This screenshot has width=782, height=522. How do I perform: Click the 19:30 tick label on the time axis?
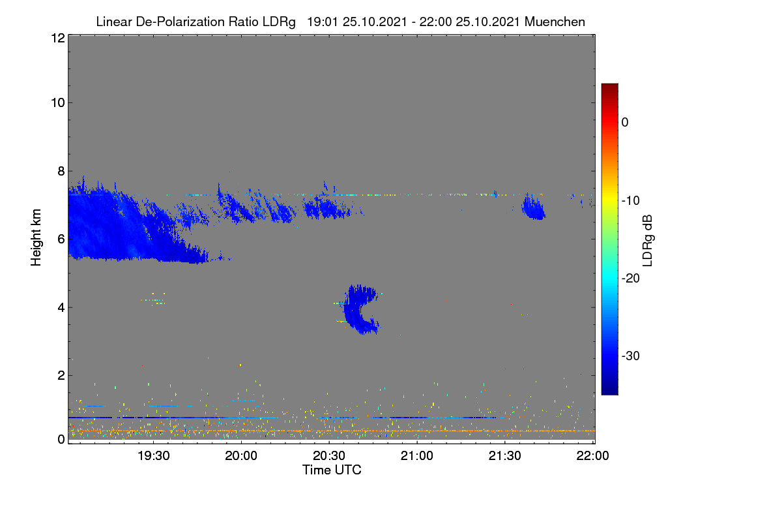pos(153,456)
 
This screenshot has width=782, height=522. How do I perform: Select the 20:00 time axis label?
pos(241,456)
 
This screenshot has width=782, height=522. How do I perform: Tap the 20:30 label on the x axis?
pos(329,456)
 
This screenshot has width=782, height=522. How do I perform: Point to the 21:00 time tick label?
pos(417,456)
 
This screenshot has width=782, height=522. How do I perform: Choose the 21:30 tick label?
pos(504,456)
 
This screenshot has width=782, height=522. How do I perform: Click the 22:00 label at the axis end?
pos(592,456)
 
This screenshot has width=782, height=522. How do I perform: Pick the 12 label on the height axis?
pos(58,38)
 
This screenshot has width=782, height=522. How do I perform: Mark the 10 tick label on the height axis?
pos(58,103)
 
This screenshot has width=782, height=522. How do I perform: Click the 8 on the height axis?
pos(61,171)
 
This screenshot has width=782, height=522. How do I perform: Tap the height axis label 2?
pos(61,375)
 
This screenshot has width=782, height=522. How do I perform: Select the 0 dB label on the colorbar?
pos(625,123)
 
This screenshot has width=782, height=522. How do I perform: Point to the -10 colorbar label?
pos(631,201)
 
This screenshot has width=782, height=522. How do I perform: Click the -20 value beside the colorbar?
pos(631,279)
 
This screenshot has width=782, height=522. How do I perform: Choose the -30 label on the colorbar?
pos(631,356)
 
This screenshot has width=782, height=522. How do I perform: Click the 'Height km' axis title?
pos(36,238)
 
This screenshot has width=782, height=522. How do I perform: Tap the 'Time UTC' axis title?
pos(332,470)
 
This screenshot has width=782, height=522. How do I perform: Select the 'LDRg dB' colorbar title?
pos(648,241)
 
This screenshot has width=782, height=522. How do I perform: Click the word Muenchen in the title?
pos(555,22)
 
